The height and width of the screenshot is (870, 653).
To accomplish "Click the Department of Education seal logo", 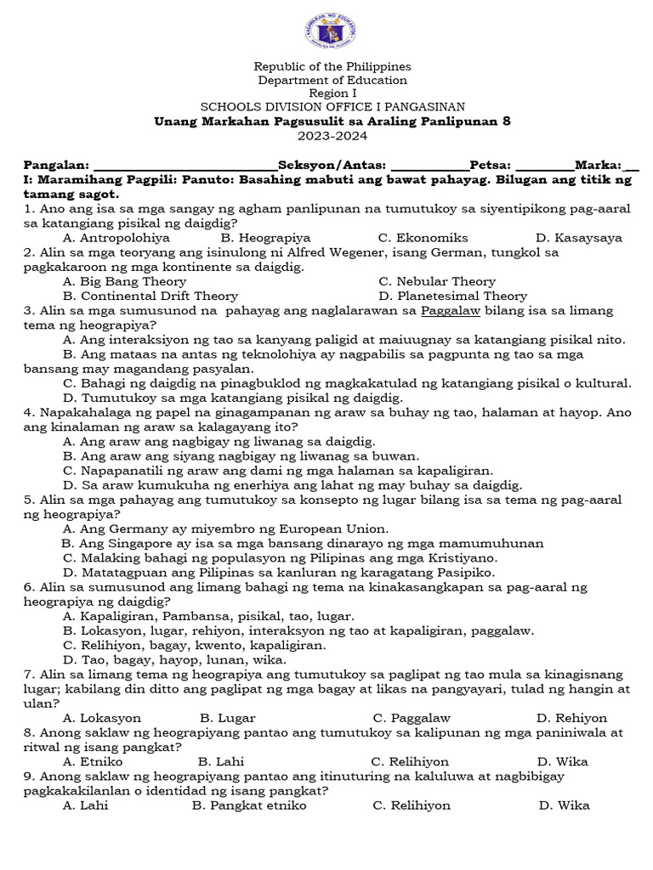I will [330, 31].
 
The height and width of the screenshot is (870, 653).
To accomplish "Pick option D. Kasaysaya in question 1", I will [578, 238].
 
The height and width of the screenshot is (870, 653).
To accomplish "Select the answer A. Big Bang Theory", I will [124, 281].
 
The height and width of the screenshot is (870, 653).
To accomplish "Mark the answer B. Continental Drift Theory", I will [150, 296].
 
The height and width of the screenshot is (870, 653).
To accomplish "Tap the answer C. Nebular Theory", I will [437, 281].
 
